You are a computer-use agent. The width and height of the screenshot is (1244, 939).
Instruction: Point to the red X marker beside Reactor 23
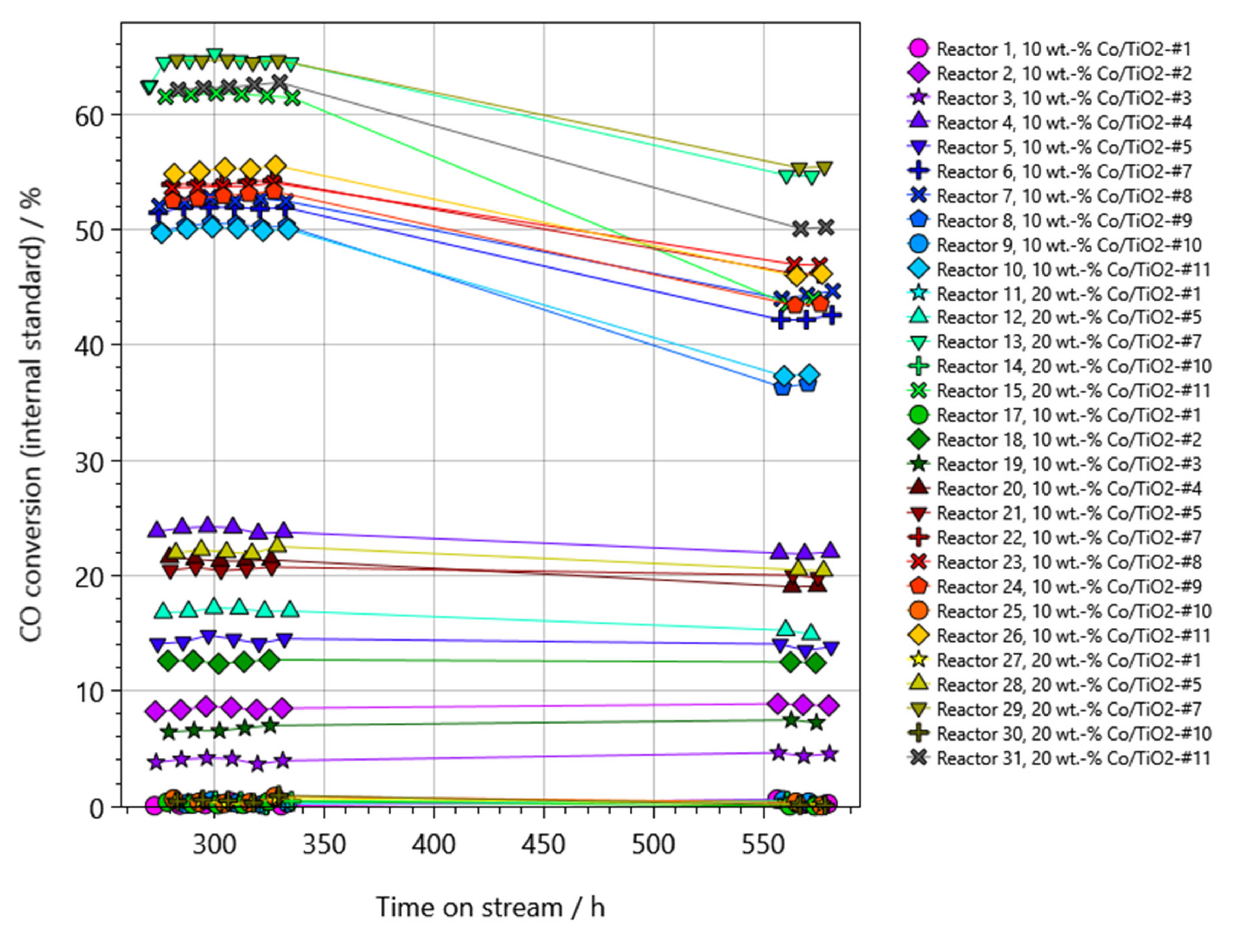pos(918,562)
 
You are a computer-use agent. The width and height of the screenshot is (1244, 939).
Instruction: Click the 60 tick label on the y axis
pos(90,116)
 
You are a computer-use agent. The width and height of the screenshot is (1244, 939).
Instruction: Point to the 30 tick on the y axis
pos(90,462)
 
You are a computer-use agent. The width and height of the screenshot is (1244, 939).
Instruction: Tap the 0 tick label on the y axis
pos(97,808)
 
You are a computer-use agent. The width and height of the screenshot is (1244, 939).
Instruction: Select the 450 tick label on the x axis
pos(543,845)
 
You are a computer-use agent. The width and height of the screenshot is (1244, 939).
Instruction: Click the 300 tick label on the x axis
pos(214,845)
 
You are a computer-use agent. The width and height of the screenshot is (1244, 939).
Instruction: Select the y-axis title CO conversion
pos(32,414)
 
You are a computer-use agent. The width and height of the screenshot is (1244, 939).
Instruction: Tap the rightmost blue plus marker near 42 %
pos(832,316)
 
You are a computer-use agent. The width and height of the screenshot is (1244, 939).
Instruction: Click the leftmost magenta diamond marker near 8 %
pos(155,711)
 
